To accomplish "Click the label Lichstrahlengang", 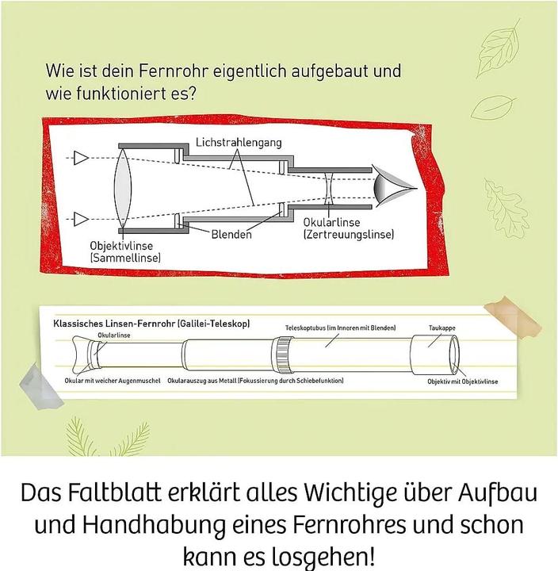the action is pyautogui.click(x=239, y=142).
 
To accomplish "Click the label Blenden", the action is pyautogui.click(x=231, y=234).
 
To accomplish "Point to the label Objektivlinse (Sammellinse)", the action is pyautogui.click(x=125, y=251).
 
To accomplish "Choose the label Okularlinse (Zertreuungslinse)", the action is pyautogui.click(x=348, y=228).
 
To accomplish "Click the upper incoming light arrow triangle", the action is pyautogui.click(x=81, y=159).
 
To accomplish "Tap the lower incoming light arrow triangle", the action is pyautogui.click(x=81, y=219).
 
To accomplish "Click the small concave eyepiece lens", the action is pyautogui.click(x=329, y=188).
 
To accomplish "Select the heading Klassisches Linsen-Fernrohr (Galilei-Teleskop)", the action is pyautogui.click(x=151, y=324).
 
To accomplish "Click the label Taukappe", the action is pyautogui.click(x=442, y=328).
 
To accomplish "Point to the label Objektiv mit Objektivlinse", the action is pyautogui.click(x=463, y=381).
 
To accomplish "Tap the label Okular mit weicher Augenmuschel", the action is pyautogui.click(x=113, y=381).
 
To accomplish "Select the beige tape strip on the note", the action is pyautogui.click(x=511, y=316).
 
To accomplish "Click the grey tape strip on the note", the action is pyautogui.click(x=40, y=387).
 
